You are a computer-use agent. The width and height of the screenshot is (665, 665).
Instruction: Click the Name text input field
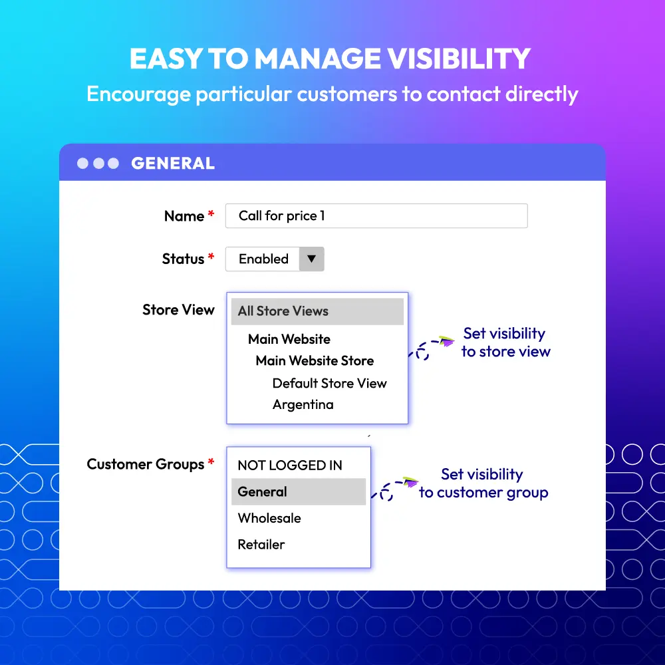coord(376,216)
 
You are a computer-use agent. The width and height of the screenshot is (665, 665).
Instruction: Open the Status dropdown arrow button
coord(312,259)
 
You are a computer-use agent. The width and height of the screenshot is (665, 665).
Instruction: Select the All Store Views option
coord(317,311)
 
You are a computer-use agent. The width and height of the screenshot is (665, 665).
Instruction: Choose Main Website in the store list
coord(289,339)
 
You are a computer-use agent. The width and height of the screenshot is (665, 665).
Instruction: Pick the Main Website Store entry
coord(315,361)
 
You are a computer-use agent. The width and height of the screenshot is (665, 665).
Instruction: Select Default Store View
coord(330,384)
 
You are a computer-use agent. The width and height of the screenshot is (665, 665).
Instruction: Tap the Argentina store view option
coord(303,404)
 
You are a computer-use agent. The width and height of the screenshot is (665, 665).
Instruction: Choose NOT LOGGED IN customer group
coord(290,465)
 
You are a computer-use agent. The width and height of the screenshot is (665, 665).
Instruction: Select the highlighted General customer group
coord(299,491)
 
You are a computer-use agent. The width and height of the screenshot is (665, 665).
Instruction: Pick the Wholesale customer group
coord(269,518)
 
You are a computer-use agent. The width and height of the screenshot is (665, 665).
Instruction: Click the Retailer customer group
coord(261,545)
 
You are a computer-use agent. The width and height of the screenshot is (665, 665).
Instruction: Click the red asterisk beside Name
coord(211,214)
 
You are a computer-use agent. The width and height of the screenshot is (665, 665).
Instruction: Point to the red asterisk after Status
coord(211,257)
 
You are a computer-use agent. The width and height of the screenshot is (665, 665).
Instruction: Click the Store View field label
coord(178,310)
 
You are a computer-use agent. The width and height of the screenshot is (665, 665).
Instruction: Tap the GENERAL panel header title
coord(173,164)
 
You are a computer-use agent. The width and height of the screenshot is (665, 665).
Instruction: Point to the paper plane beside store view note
coord(447,340)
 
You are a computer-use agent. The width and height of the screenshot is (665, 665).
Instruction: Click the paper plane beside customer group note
coord(410,481)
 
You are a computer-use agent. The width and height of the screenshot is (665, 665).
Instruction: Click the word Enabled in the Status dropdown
coord(264,259)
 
